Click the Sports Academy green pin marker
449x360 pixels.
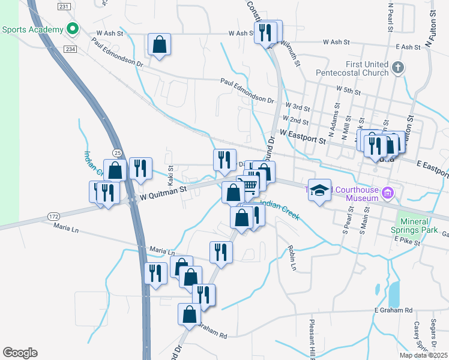[73, 29]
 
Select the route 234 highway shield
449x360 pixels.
[71, 49]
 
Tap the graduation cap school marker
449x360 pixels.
[320, 190]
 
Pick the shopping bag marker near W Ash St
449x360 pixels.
[159, 44]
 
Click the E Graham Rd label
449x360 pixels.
[393, 310]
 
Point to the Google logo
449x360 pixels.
[20, 353]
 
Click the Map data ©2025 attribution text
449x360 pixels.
[423, 355]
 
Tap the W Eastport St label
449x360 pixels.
[302, 137]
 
